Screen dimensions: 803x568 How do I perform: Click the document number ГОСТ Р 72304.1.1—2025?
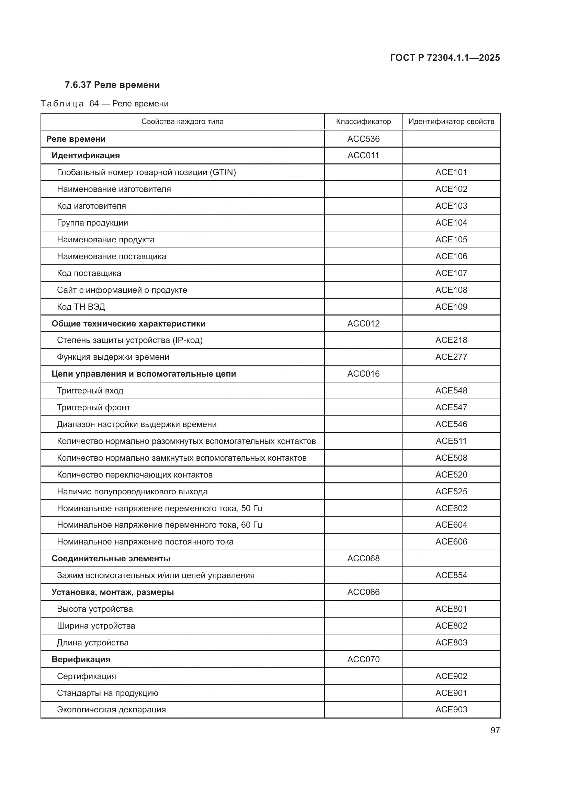[x=444, y=58]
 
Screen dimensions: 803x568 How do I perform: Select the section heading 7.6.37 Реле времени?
[x=112, y=85]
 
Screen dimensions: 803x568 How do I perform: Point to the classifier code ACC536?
[x=363, y=139]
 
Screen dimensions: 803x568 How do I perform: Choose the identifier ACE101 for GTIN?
[x=451, y=172]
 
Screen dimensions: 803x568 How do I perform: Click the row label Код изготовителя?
[x=91, y=206]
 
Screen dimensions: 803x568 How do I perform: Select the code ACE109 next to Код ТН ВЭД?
[x=451, y=307]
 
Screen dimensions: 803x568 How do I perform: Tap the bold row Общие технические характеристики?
[x=128, y=323]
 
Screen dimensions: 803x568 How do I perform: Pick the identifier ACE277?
[x=451, y=357]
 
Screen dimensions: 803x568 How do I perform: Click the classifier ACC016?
[x=363, y=374]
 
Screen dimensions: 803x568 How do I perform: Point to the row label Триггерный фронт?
[x=93, y=408]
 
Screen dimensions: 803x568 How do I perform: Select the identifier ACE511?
[x=451, y=441]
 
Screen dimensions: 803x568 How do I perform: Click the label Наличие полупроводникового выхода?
[x=132, y=491]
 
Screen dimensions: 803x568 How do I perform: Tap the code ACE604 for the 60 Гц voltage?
[x=451, y=525]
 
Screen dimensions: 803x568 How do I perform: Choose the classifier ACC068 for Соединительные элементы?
[x=363, y=558]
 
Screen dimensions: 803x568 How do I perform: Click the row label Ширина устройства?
[x=96, y=626]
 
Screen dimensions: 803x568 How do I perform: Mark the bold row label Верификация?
[x=81, y=659]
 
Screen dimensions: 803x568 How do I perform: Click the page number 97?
[x=495, y=730]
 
